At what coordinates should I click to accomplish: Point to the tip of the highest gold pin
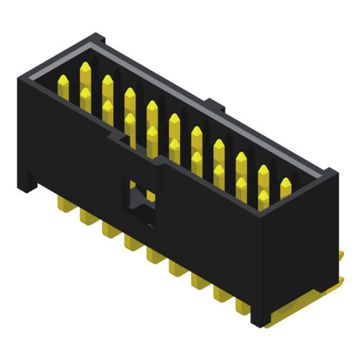pos(85,67)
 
